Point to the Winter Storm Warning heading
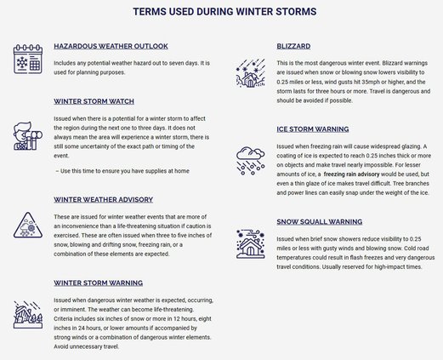click(98, 283)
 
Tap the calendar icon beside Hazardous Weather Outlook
click(28, 62)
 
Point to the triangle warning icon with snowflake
click(28, 226)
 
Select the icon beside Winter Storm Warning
click(28, 315)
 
